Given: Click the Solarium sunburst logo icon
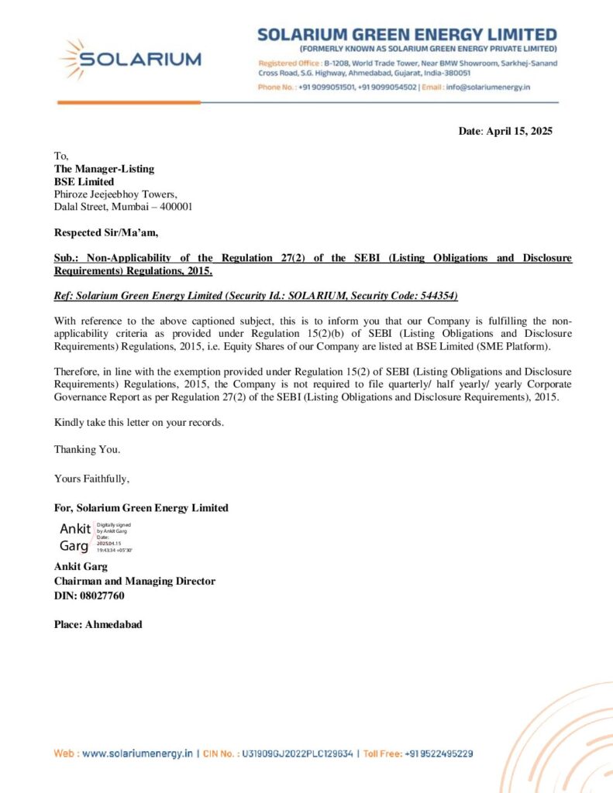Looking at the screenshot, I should pos(74,59).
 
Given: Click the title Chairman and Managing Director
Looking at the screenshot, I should pos(134,581).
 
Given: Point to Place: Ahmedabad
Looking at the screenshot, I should pos(98,624).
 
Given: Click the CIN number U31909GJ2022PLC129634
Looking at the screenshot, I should pos(298,753).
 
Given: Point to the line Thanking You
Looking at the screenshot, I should pos(87,449).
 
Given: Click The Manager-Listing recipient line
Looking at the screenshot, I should pos(104,169).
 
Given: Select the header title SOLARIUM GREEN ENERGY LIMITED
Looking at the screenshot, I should pos(407,35).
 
